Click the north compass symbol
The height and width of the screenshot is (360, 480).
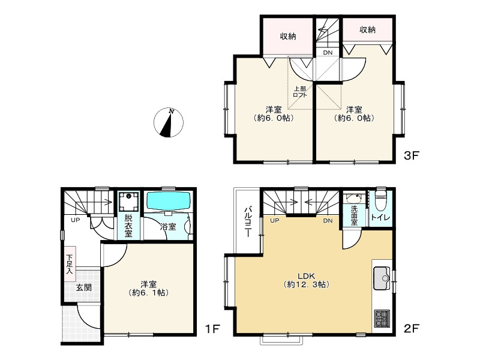coord(169,122)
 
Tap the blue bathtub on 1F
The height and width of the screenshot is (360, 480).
coord(167,201)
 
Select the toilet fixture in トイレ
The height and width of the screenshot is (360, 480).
coord(382,200)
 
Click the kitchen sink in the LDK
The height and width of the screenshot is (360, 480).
coord(382,278)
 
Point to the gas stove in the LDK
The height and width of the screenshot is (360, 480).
coord(382,319)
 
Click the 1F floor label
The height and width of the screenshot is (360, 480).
coord(212,329)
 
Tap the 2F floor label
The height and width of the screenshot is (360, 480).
coord(411,328)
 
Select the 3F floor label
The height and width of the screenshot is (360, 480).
coord(411,155)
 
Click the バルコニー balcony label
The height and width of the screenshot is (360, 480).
coord(248,222)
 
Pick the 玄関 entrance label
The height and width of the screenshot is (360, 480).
coord(83,287)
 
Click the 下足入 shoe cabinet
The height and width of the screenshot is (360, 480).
coord(70,264)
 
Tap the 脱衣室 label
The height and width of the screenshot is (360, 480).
coord(128,226)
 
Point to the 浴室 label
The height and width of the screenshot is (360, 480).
coord(168,227)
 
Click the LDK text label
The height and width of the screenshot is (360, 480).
coord(307,275)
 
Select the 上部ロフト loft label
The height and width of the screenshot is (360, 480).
coord(300,92)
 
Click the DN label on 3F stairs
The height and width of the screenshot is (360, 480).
coord(328,53)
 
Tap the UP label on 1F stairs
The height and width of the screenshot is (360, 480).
coord(76,220)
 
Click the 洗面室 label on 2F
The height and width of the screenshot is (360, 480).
coord(354,215)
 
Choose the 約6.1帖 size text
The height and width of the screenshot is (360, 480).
coord(149,293)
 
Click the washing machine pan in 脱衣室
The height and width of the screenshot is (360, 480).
coord(128,201)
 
